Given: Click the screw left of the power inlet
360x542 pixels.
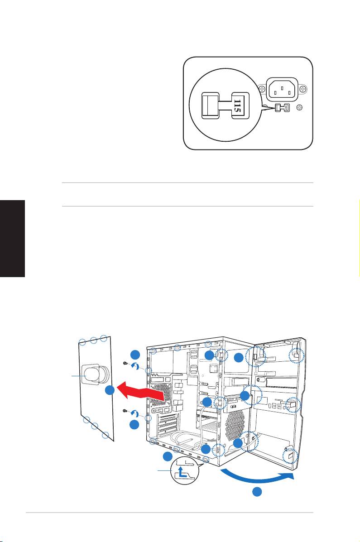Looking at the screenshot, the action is (261, 89).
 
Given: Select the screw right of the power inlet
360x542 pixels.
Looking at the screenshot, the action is (304, 88).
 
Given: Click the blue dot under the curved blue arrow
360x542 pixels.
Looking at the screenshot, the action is (257, 492).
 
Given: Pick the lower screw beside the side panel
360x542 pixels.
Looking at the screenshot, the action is (125, 411).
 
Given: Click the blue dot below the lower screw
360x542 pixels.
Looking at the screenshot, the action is (134, 425).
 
